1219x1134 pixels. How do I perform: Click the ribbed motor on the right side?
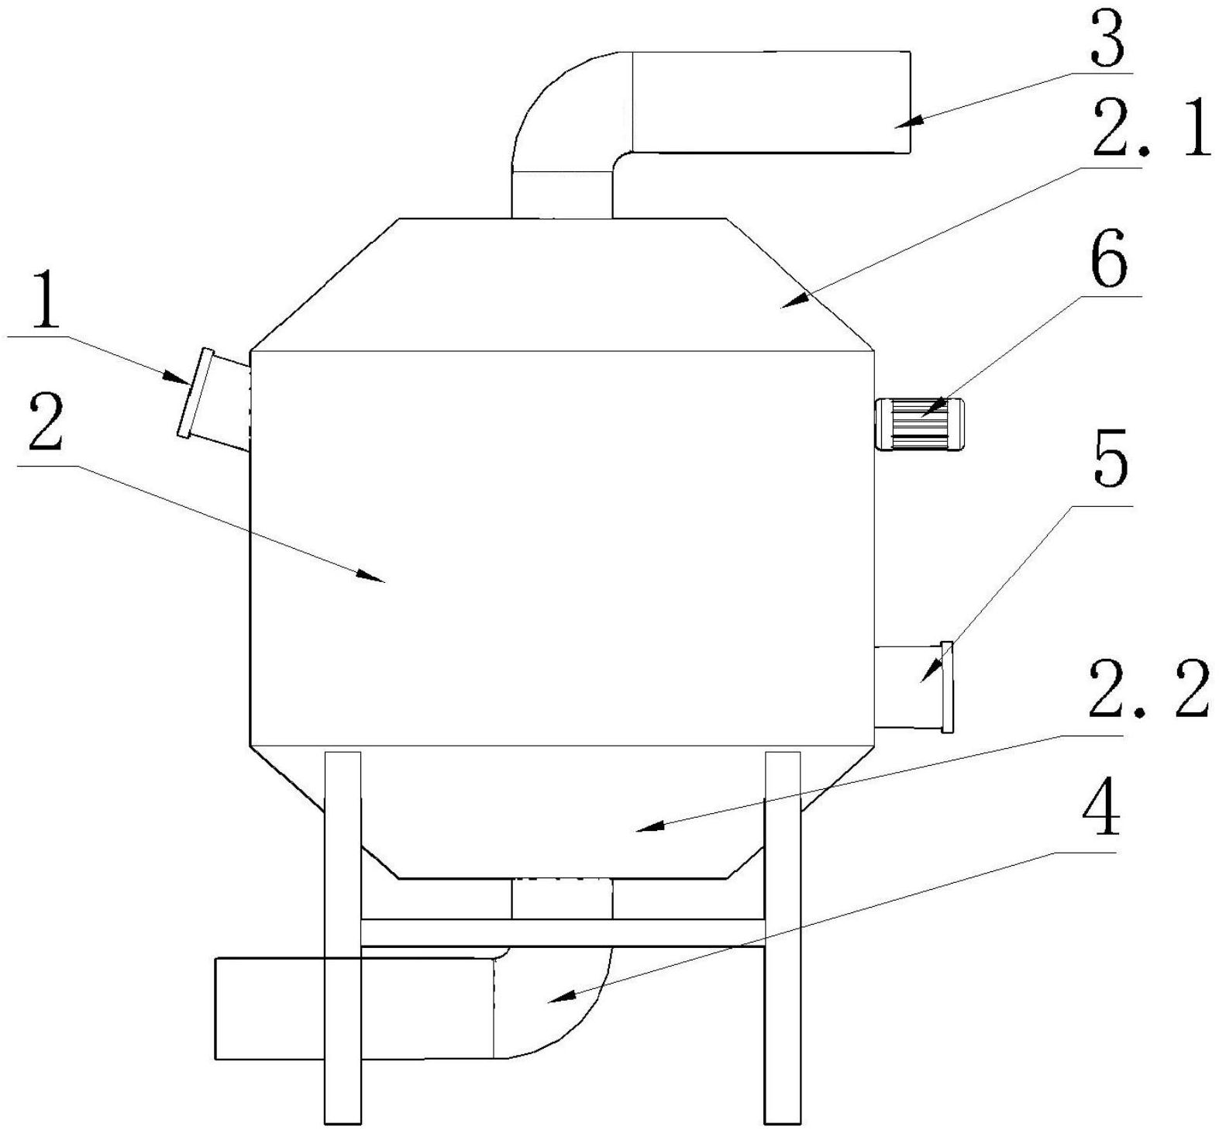tap(919, 423)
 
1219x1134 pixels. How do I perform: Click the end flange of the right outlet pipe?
tap(946, 687)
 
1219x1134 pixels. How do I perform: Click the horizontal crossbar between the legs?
tap(563, 932)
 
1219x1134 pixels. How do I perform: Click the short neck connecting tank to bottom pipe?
tap(562, 898)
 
